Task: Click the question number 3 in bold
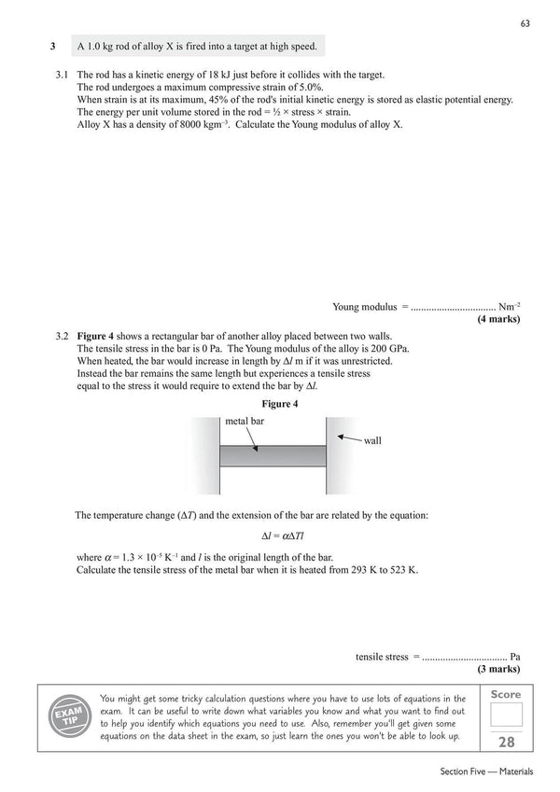[x=53, y=46]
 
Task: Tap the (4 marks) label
[x=498, y=319]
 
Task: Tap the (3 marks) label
[x=498, y=670]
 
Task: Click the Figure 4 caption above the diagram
[x=279, y=403]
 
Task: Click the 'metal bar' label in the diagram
[x=245, y=422]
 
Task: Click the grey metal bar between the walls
[x=273, y=455]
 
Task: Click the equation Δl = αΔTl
[x=279, y=535]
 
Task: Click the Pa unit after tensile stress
[x=515, y=657]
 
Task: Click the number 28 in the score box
[x=506, y=743]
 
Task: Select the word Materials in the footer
[x=515, y=772]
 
